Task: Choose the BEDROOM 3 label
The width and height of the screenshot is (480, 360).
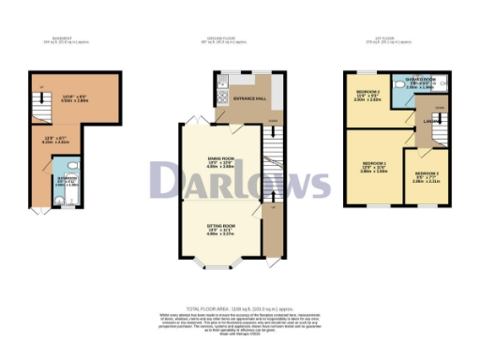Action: pos(427,175)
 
